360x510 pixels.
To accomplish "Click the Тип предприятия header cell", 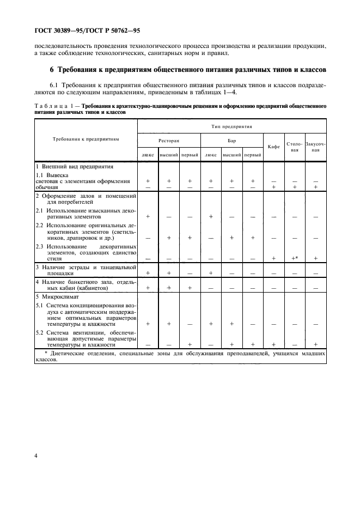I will [231, 126].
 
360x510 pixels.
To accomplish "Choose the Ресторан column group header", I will [169, 140].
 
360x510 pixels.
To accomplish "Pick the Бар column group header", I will [231, 140].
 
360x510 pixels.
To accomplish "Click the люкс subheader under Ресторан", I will [148, 155].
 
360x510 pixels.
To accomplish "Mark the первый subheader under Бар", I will [253, 155].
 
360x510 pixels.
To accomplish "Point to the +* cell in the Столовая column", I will [295, 258].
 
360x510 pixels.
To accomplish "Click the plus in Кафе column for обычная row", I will [274, 186].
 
